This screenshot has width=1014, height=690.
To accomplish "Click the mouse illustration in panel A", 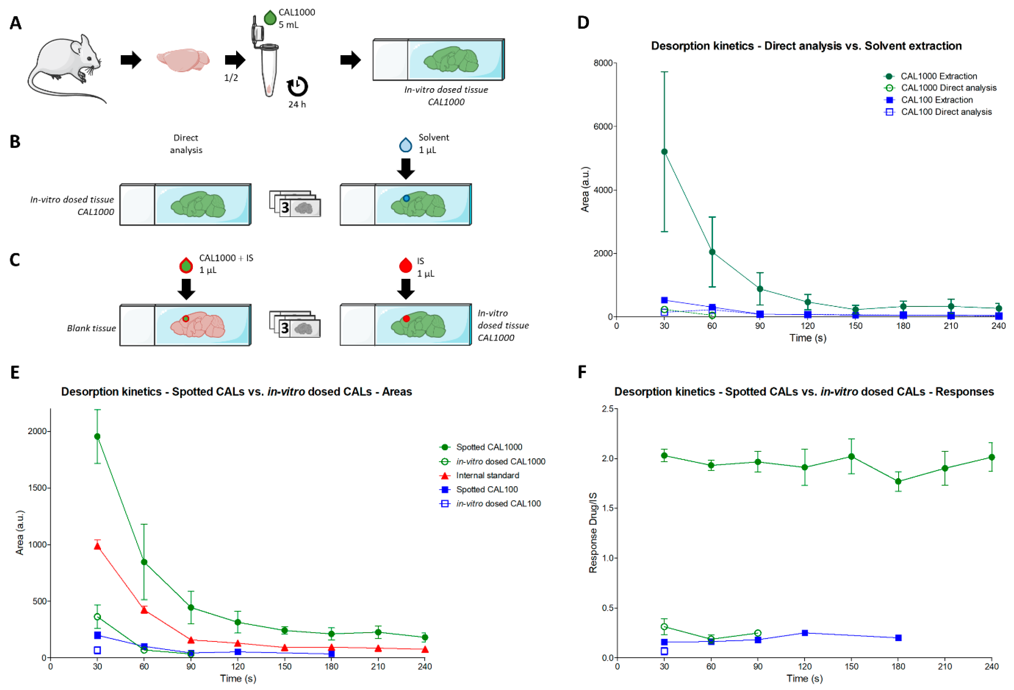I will (x=65, y=65).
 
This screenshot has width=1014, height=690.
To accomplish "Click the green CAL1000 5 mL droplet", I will (x=270, y=18).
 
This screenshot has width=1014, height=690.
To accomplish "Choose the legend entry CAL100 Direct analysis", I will (x=946, y=112).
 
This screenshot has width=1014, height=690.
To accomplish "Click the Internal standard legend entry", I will (x=487, y=475).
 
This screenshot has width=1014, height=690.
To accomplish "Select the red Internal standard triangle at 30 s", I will (x=97, y=546).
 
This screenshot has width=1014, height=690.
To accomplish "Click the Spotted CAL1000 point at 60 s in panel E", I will (x=144, y=562).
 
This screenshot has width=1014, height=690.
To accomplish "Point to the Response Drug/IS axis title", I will (x=593, y=532).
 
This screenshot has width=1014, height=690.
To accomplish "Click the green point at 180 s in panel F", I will (x=898, y=481).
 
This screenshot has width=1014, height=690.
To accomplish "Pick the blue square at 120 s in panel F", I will (x=805, y=633).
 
